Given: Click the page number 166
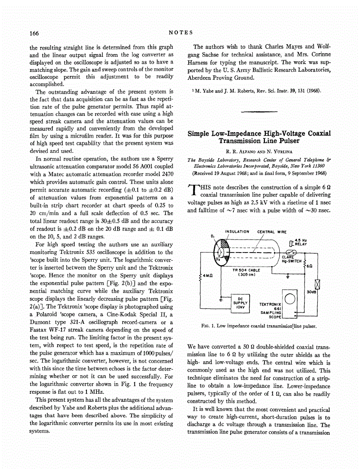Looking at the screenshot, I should tap(35, 33).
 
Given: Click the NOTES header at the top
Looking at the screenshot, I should tap(180, 32).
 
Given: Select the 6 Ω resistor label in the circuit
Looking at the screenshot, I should tap(309, 266).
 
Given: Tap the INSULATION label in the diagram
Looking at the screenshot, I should tap(237, 232).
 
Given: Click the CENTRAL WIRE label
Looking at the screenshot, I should tap(272, 232).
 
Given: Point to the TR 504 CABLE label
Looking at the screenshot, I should tap(246, 270).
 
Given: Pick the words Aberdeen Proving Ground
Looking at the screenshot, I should tap(220, 77).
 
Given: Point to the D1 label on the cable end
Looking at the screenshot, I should tap(212, 235).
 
